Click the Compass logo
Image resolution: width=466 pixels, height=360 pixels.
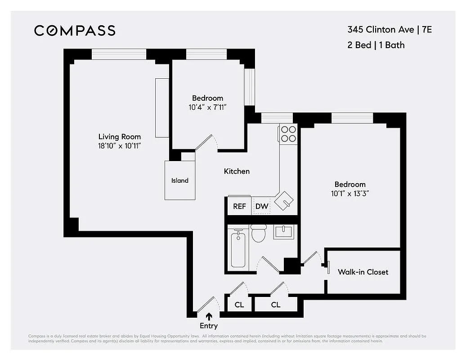[x=75, y=31]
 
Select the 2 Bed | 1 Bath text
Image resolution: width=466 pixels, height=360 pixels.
[x=376, y=45]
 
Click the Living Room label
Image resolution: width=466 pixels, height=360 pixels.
[x=119, y=137]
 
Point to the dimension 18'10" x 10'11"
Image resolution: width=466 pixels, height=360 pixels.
[x=119, y=146]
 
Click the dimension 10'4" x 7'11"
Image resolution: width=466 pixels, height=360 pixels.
[x=207, y=107]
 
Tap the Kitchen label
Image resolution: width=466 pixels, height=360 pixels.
[x=237, y=171]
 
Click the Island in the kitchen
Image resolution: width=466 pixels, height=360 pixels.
[x=180, y=180]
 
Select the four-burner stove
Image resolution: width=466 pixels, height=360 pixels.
[x=288, y=134]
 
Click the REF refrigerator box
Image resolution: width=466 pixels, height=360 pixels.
[x=239, y=207]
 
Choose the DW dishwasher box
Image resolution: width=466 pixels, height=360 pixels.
[x=262, y=207]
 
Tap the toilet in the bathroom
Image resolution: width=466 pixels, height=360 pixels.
[x=259, y=233]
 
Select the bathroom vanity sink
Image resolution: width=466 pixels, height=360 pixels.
[x=283, y=233]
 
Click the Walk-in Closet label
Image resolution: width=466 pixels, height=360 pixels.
[x=363, y=272]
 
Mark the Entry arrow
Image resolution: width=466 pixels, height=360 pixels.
[x=209, y=317]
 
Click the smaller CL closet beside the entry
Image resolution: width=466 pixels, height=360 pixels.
[x=239, y=305]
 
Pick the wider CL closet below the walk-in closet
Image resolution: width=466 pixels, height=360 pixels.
[x=276, y=305]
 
